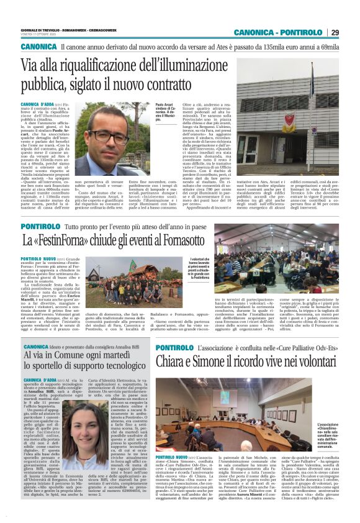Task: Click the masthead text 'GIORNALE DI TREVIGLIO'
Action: click(40, 29)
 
